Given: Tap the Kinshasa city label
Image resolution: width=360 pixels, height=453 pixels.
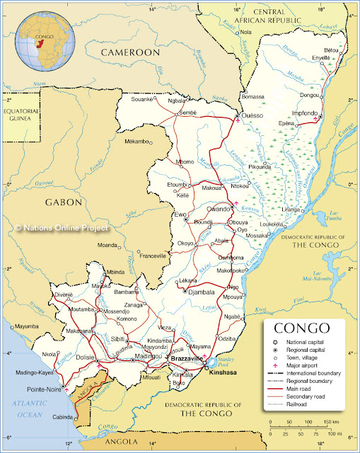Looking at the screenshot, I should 226,371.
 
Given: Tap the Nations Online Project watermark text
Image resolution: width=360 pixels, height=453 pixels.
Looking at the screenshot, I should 62,228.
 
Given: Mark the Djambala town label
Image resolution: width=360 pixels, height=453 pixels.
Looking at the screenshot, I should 199,291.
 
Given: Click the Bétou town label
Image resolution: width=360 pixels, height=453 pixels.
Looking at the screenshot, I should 331,50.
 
